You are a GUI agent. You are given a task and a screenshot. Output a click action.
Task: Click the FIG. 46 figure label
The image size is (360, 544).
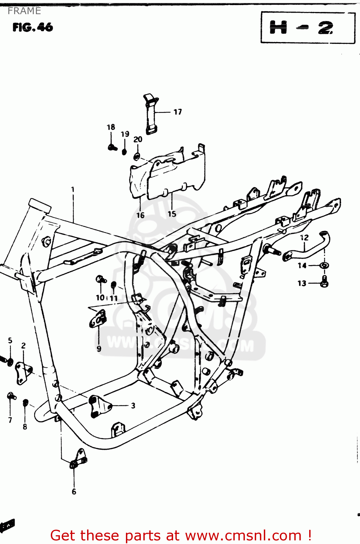tap(33, 27)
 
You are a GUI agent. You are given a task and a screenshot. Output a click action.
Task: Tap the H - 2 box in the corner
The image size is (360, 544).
tap(308, 28)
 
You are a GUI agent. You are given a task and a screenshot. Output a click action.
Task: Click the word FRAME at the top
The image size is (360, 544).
tap(24, 11)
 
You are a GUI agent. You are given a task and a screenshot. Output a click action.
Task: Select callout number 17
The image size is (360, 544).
tap(177, 112)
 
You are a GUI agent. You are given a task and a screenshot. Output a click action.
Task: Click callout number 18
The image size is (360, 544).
tap(111, 127)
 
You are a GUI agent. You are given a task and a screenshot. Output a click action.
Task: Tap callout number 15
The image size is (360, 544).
tap(172, 214)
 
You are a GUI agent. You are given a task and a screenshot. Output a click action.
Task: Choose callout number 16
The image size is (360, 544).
tap(140, 215)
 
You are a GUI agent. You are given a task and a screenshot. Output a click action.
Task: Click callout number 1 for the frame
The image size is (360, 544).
tap(73, 189)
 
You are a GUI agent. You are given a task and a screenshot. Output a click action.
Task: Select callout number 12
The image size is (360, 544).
tap(304, 238)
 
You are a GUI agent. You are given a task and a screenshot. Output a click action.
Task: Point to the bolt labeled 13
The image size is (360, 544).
tap(324, 281)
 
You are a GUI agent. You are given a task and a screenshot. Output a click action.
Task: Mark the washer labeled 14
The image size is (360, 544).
tap(324, 265)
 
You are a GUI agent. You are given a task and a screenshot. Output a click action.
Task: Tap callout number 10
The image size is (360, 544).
tap(100, 298)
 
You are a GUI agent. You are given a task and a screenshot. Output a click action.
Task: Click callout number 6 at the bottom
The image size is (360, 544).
tap(74, 492)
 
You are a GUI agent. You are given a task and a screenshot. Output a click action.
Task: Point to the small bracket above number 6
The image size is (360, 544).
tap(78, 459)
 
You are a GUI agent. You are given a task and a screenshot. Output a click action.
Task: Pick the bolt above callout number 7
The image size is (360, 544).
tap(11, 396)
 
